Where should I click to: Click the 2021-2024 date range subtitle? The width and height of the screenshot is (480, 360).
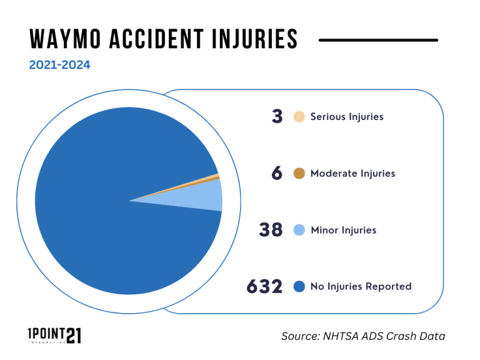pos(59,64)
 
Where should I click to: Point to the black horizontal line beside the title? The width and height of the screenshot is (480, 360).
pos(378,40)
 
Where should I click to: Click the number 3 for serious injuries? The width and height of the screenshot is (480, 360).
pos(277,117)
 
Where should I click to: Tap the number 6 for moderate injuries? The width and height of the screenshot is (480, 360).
pos(277,173)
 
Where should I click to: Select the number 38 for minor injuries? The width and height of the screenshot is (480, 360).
pos(272,230)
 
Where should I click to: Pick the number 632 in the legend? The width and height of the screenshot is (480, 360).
pos(265,287)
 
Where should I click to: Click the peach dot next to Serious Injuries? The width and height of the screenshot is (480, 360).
pos(299,117)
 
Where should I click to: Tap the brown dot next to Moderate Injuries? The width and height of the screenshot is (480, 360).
pos(299,173)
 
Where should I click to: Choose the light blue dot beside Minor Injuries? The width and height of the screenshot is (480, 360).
pos(299,230)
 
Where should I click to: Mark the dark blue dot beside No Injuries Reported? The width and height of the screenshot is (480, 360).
pos(299,287)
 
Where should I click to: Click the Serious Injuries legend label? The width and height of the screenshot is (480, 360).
pos(347,117)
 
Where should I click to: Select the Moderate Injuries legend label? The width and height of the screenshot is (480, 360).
pos(352,173)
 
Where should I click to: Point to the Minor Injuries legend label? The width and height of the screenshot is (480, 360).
pos(343,230)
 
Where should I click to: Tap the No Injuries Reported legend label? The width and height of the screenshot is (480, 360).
pos(361,287)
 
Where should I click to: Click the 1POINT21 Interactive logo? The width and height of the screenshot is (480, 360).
pos(55,336)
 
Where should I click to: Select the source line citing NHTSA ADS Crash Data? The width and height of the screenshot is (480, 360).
pos(363,336)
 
